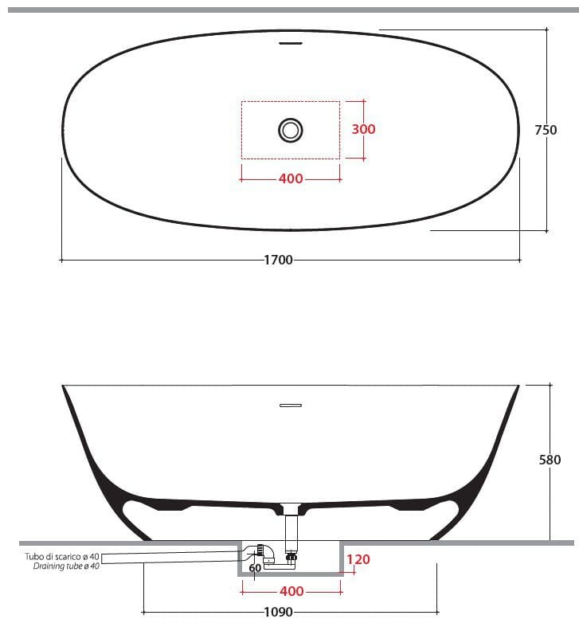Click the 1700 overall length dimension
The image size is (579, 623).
[278, 260]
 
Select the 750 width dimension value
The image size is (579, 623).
[546, 130]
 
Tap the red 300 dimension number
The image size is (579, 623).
[363, 129]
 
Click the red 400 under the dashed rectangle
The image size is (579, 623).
[291, 178]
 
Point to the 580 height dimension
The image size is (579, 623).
[550, 460]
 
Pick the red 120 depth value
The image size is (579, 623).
[358, 559]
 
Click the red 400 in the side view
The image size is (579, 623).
[291, 591]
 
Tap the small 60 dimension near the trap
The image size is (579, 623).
[254, 568]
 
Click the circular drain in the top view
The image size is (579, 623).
[291, 129]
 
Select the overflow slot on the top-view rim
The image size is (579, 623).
[291, 43]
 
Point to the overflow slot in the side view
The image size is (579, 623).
[291, 406]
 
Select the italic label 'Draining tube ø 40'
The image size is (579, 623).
[67, 566]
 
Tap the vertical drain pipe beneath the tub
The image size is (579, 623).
[291, 532]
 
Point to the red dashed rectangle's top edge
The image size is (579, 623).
[291, 102]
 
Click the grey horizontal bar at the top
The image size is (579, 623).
[289, 10]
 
